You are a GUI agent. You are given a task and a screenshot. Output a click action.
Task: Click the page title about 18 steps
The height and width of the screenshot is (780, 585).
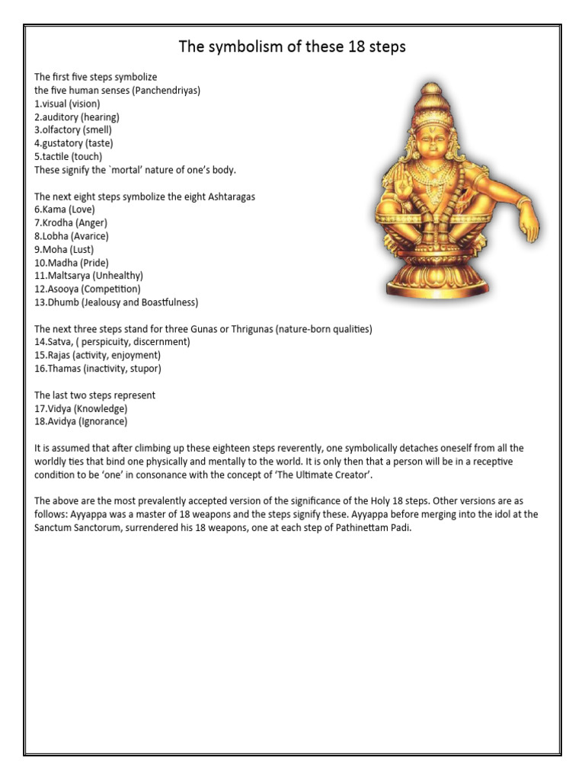(292, 47)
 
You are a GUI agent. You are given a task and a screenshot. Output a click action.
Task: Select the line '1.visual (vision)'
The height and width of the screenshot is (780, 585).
(67, 104)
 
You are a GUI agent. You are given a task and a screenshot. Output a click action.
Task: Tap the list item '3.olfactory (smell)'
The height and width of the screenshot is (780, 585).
(73, 130)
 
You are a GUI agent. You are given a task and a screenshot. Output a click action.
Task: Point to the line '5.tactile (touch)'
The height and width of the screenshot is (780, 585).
(69, 157)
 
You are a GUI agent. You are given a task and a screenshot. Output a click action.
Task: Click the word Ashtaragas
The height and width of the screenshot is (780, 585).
(228, 197)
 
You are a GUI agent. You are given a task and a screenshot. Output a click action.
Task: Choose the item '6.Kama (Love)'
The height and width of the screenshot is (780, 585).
(64, 209)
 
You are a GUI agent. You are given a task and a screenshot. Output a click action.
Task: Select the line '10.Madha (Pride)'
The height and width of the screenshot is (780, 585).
(72, 263)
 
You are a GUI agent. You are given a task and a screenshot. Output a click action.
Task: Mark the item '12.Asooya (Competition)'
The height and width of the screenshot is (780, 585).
(87, 289)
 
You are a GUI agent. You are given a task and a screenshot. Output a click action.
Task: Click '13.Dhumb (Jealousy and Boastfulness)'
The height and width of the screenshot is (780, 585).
(116, 302)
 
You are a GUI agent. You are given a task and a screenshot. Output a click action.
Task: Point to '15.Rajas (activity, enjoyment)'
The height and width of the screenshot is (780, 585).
(97, 356)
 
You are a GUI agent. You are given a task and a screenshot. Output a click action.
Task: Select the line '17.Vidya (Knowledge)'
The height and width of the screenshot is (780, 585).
(81, 408)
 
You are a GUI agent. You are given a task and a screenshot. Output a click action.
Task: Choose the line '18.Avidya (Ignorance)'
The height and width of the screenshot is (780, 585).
(81, 421)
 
